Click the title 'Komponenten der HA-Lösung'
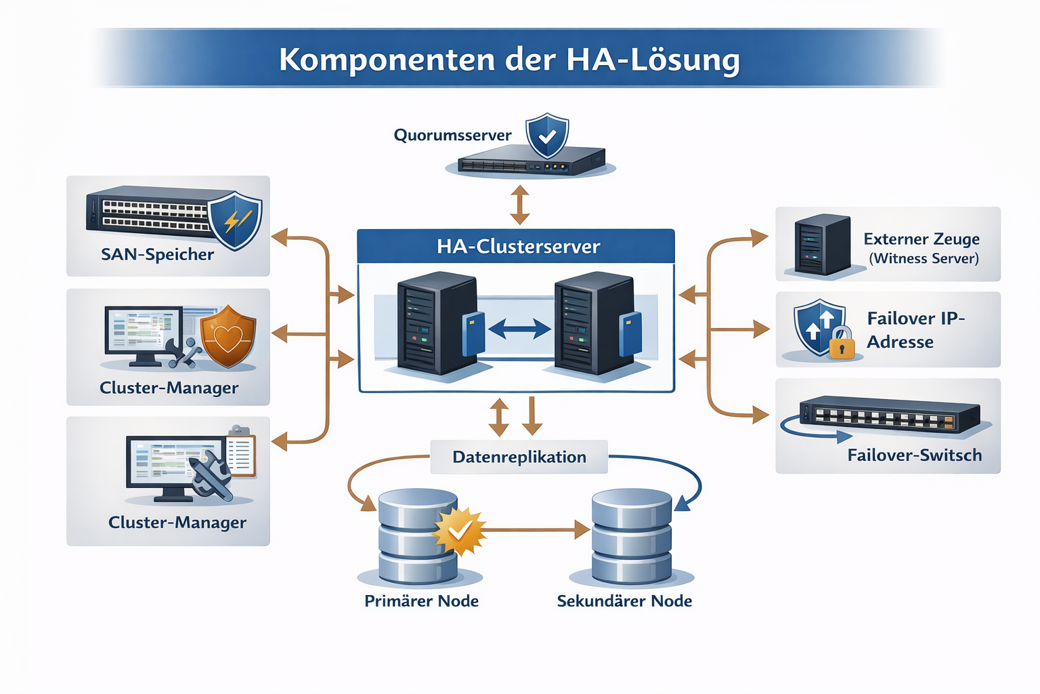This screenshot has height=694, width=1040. [x=509, y=60]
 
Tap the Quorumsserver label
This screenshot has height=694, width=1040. [x=452, y=136]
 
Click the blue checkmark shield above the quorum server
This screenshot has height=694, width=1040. [x=547, y=136]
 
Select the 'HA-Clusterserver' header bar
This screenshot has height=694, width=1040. [x=516, y=246]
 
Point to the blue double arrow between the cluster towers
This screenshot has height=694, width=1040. [x=519, y=329]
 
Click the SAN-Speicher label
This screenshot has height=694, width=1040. [x=157, y=255]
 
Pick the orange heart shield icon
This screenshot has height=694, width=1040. [x=228, y=336]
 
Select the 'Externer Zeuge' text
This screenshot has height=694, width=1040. [x=922, y=239]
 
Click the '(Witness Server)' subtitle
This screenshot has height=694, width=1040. [x=924, y=259]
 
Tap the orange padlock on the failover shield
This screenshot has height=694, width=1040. [x=842, y=344]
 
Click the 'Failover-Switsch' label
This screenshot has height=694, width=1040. [x=914, y=455]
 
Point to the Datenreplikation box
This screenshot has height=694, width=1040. [x=519, y=457]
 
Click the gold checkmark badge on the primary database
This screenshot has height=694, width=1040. [x=459, y=531]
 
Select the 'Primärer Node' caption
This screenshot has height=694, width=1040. [x=421, y=601]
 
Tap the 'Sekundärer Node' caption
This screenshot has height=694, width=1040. [x=624, y=601]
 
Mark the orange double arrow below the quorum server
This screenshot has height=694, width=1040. [x=519, y=205]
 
